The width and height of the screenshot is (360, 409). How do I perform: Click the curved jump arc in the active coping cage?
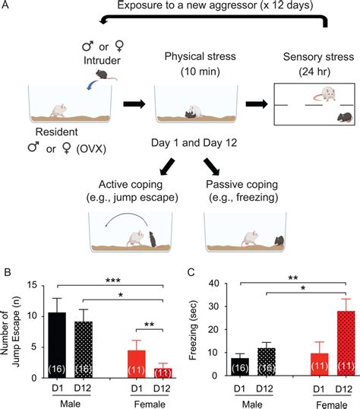[125, 218]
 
